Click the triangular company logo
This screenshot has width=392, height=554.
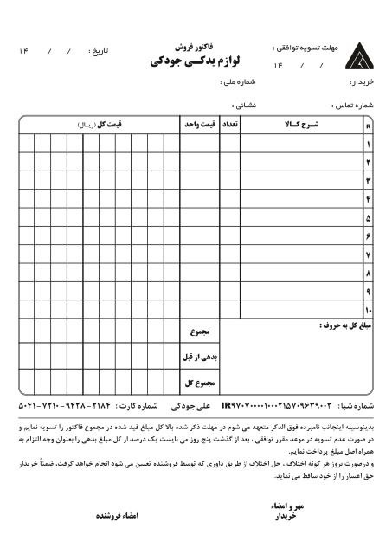pyautogui.click(x=357, y=57)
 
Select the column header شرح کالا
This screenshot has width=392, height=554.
pyautogui.click(x=302, y=125)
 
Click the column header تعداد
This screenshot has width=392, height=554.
pyautogui.click(x=230, y=125)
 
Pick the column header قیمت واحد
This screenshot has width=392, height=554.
pyautogui.click(x=199, y=125)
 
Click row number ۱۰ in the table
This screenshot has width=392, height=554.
pyautogui.click(x=368, y=310)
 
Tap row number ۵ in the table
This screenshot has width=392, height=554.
pyautogui.click(x=368, y=217)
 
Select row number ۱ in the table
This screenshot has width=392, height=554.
pyautogui.click(x=368, y=144)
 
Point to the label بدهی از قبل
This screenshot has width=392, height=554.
pyautogui.click(x=201, y=356)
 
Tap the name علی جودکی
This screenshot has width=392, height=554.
pyautogui.click(x=190, y=405)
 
